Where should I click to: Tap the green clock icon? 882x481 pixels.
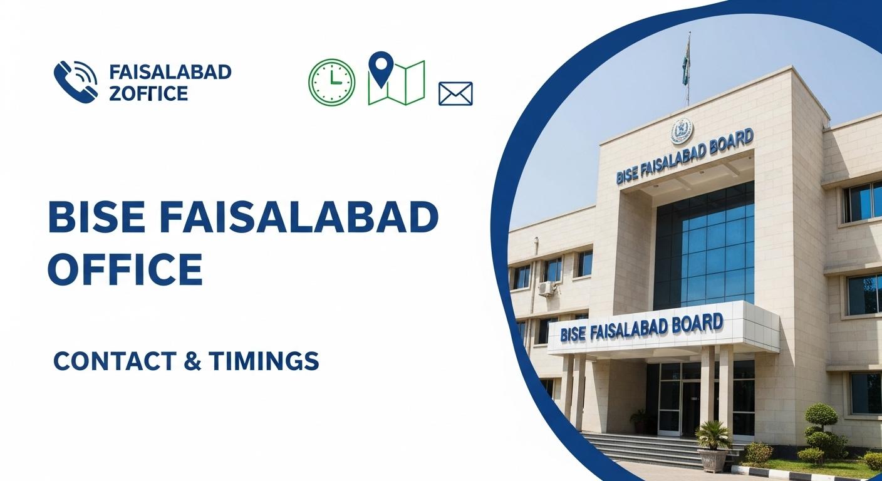(331, 82)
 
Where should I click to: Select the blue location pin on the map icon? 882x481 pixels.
(381, 68)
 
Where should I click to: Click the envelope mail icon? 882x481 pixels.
(455, 93)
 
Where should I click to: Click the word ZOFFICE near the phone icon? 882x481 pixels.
(148, 93)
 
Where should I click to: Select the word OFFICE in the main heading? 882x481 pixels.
(125, 269)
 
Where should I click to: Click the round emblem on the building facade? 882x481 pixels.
(682, 131)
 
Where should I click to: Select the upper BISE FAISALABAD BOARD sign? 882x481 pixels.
(684, 157)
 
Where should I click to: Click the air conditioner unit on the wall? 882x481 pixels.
(546, 288)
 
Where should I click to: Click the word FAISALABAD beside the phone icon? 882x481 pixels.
(170, 72)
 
